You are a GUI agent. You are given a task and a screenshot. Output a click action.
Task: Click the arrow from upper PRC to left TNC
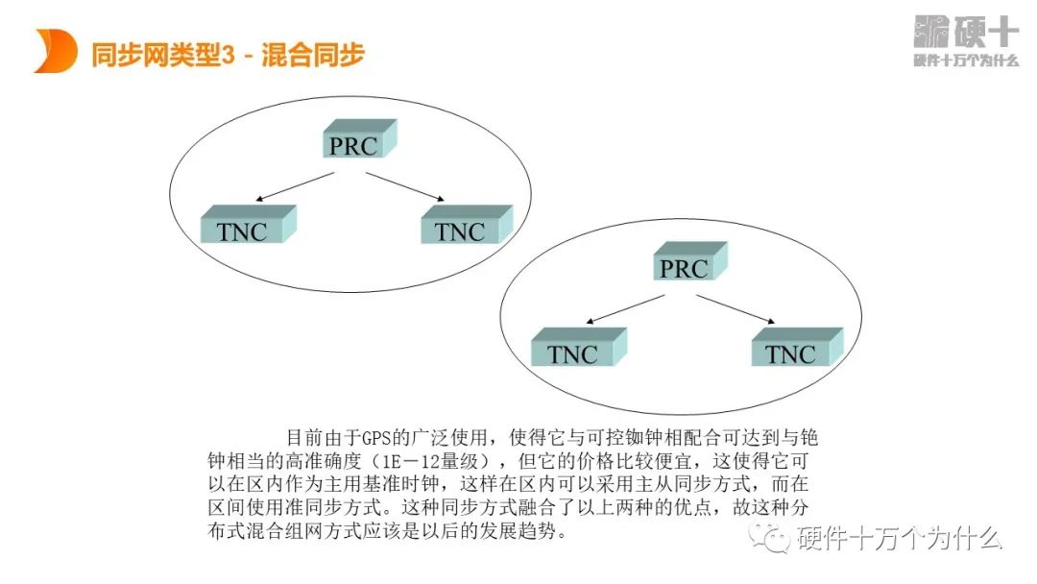tap(296, 187)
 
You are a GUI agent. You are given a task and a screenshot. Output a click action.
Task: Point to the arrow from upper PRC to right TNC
tap(403, 187)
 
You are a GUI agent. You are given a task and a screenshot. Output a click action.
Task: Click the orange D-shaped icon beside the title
tap(55, 51)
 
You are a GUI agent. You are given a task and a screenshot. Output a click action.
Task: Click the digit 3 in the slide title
tap(228, 55)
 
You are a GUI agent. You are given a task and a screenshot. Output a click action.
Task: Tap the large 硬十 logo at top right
tap(965, 32)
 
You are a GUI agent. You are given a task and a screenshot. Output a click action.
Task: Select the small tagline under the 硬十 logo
tap(965, 61)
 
